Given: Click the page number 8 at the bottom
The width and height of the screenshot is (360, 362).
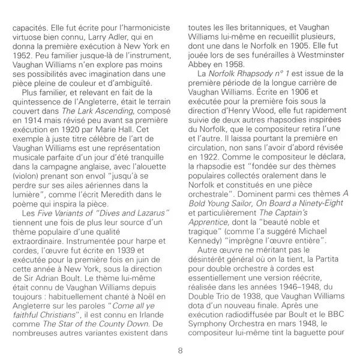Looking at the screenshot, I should (x=179, y=350).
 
